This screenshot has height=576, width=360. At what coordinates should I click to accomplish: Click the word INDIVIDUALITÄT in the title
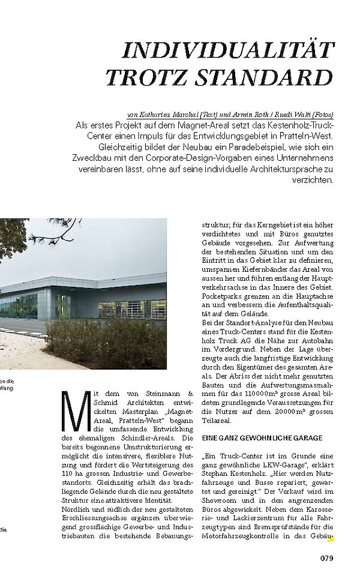point(227,51)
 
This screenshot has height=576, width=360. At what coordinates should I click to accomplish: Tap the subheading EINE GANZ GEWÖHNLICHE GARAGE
point(262,438)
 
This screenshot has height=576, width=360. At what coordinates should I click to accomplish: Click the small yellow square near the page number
point(330,539)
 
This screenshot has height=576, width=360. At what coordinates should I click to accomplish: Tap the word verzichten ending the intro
point(312,179)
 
